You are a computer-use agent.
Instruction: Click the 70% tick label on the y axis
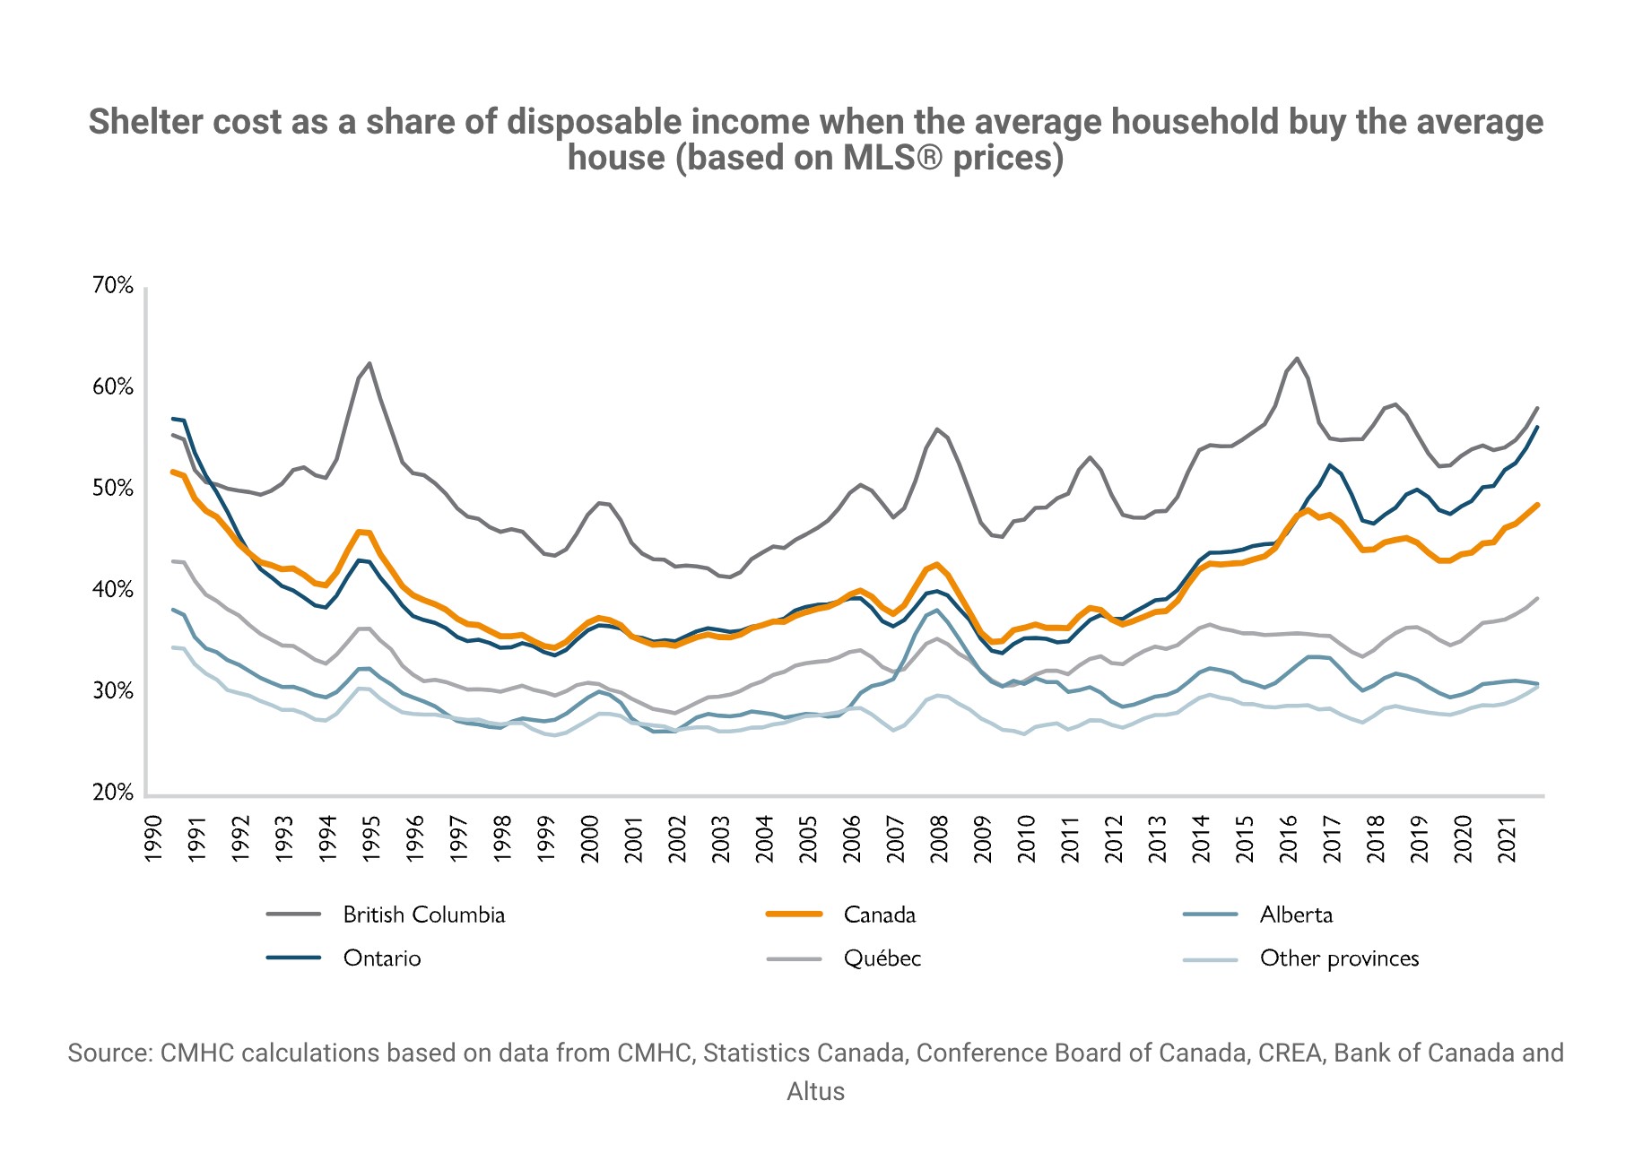tap(113, 286)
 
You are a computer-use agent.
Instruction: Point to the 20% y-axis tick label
tap(113, 793)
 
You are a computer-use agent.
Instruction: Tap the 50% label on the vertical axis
tap(113, 489)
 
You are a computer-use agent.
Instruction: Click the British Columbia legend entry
tap(423, 915)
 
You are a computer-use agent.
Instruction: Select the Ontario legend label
tap(382, 958)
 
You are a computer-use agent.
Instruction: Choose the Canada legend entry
tap(880, 915)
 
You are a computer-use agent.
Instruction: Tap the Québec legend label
tap(882, 958)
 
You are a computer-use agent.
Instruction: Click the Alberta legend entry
tap(1296, 915)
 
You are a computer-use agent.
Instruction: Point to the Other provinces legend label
tap(1339, 958)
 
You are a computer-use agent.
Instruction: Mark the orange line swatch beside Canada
tap(795, 915)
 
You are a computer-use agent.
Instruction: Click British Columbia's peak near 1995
tap(369, 363)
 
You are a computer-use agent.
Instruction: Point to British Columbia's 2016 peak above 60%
tap(1297, 359)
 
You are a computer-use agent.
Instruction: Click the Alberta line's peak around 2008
tap(937, 611)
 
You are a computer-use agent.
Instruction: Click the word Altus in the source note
tap(815, 1091)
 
